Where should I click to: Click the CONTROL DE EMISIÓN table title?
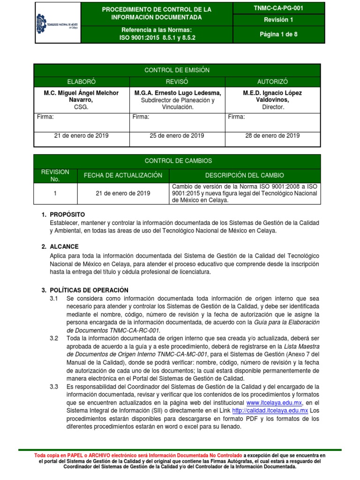[x=177, y=70]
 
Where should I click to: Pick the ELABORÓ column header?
[x=81, y=82]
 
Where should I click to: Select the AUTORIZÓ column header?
[x=272, y=82]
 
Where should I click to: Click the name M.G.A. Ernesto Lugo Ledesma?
[x=177, y=93]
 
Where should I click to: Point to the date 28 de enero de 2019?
[x=272, y=136]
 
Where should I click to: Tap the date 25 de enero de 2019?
[x=177, y=136]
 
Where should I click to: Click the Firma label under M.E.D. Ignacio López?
[x=236, y=117]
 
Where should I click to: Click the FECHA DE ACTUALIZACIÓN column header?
[x=123, y=175]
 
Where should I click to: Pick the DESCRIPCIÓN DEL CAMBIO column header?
[x=244, y=175]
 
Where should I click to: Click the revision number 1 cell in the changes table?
[x=55, y=193]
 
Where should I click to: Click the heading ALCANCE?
[x=64, y=247]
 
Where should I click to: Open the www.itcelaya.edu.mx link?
[x=274, y=403]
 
